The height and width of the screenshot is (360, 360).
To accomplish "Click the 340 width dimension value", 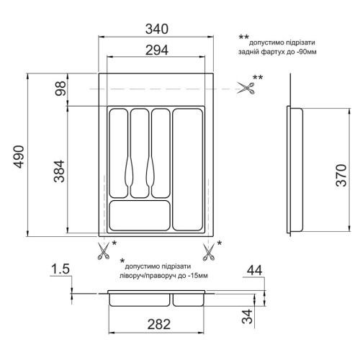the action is [157, 29].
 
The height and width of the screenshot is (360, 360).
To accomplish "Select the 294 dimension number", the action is [157, 50].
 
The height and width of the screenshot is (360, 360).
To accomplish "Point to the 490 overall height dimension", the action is [19, 157].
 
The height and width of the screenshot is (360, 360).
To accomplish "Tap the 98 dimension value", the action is [60, 89].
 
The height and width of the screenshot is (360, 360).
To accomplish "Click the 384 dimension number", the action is [59, 171].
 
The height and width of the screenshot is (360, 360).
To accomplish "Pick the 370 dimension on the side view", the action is [341, 175].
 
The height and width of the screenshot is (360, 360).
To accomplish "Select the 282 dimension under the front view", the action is [159, 324].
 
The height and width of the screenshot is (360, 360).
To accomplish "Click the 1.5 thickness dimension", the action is [60, 269].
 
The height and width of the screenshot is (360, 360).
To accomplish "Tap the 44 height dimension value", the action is [255, 271].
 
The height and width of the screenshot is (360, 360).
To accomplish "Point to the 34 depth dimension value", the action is [248, 316].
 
